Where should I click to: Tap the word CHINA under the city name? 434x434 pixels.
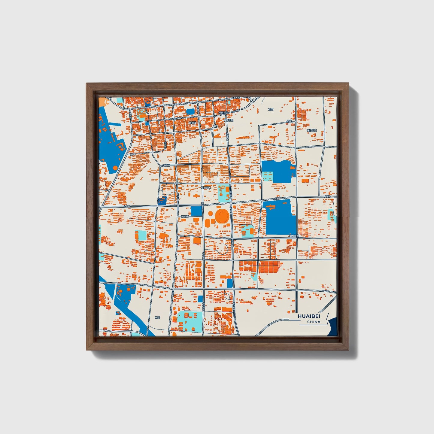314,322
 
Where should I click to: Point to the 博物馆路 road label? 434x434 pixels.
185,216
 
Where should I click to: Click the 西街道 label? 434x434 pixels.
192,123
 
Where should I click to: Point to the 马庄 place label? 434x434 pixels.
289,121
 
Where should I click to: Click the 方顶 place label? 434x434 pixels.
271,110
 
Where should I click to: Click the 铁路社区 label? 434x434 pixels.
229,120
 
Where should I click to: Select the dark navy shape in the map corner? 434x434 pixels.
332,328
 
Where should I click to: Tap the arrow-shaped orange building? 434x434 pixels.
217,136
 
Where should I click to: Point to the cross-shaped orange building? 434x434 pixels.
196,196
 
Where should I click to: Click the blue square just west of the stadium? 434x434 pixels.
196,211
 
